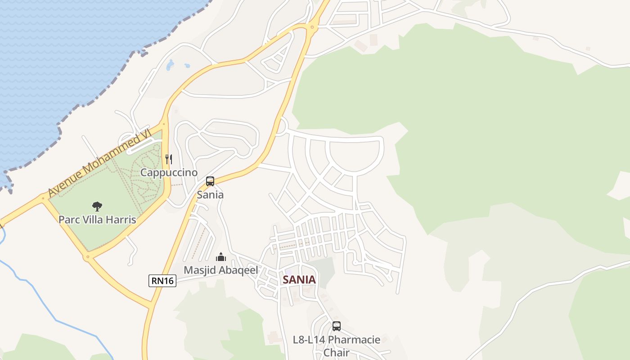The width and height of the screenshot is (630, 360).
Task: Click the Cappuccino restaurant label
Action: [x=169, y=173]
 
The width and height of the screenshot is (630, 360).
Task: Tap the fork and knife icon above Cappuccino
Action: [x=169, y=159]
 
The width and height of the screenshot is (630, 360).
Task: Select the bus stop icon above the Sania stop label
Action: [x=210, y=181]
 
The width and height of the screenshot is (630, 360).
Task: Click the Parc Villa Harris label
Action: [x=97, y=220]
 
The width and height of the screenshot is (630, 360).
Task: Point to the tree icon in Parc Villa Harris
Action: [x=97, y=207]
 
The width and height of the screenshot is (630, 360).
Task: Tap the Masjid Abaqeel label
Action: [x=220, y=270]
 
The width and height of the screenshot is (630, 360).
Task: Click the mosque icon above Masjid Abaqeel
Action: [x=220, y=257]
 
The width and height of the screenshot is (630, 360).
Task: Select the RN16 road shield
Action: [x=162, y=281]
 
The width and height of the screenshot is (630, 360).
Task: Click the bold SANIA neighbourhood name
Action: [x=299, y=280]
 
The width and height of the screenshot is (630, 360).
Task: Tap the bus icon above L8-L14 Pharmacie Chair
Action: [x=337, y=326]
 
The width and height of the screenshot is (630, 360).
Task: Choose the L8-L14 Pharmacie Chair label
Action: [x=337, y=345]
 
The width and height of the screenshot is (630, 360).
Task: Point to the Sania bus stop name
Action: [x=210, y=195]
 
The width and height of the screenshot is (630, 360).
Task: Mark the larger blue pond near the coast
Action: [x=170, y=66]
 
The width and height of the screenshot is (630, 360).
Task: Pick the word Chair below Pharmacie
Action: [x=337, y=352]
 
